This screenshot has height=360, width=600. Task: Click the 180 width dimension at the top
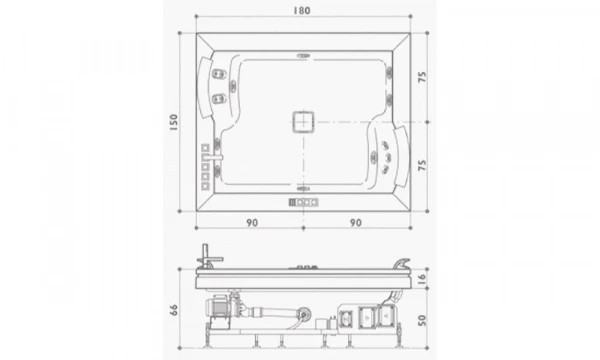click(x=302, y=11)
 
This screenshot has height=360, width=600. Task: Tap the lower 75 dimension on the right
click(x=423, y=165)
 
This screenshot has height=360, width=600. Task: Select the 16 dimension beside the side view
click(x=423, y=277)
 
